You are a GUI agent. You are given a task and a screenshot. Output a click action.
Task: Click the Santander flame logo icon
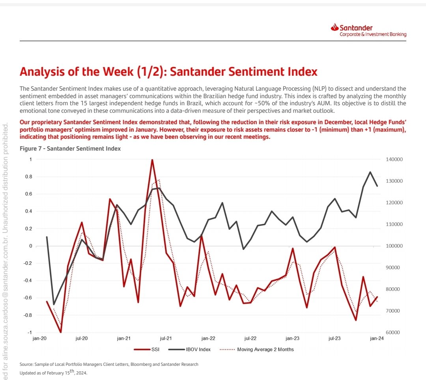click(335, 28)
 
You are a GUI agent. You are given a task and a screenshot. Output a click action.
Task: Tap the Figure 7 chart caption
click(70, 149)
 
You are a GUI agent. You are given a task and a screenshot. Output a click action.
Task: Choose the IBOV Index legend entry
click(190, 349)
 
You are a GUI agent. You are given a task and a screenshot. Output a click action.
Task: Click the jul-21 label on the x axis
click(166, 338)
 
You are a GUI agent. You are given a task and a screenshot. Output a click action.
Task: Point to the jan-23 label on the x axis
click(292, 338)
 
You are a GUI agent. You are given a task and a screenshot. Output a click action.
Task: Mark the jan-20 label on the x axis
click(39, 338)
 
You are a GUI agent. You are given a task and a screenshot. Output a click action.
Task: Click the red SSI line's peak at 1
click(152, 160)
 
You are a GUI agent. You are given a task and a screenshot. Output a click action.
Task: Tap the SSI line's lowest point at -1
click(61, 332)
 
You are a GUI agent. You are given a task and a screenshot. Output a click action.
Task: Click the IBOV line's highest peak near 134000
click(370, 172)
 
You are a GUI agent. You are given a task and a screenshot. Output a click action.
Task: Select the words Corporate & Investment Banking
click(373, 34)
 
